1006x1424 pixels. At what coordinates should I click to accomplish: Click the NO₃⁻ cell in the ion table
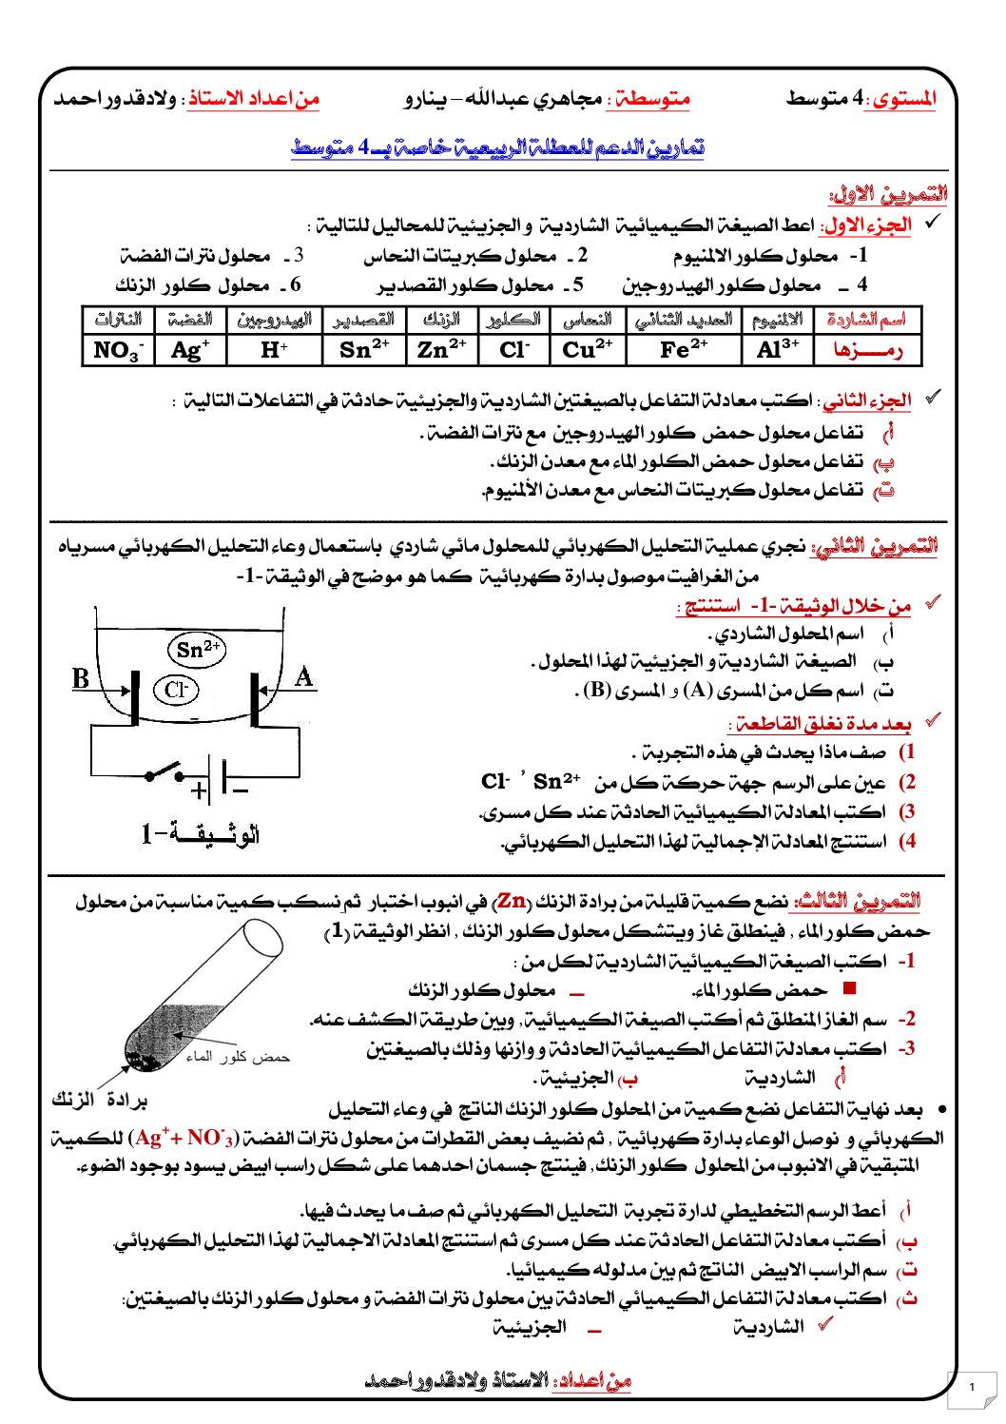(x=118, y=350)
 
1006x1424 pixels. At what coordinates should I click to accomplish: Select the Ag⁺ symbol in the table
(x=190, y=350)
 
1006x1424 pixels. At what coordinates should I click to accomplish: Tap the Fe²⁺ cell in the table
(x=684, y=349)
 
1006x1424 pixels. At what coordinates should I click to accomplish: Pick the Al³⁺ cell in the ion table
(x=778, y=349)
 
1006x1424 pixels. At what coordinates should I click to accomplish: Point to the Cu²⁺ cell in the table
(x=588, y=349)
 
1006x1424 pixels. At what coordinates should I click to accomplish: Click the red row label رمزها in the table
(x=867, y=350)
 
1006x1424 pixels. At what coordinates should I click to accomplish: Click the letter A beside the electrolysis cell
(x=304, y=677)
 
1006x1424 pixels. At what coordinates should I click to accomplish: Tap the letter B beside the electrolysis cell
(x=81, y=678)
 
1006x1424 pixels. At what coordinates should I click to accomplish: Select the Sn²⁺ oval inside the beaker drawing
(x=198, y=650)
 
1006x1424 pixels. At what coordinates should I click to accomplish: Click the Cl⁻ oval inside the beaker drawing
(x=175, y=690)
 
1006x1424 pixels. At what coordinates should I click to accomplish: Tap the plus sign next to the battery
(x=199, y=790)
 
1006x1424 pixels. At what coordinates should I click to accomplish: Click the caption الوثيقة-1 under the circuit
(x=201, y=835)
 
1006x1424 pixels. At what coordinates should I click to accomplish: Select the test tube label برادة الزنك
(x=99, y=1101)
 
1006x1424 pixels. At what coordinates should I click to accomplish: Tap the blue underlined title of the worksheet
(x=497, y=147)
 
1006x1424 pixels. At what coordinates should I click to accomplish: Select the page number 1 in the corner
(x=971, y=1387)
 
